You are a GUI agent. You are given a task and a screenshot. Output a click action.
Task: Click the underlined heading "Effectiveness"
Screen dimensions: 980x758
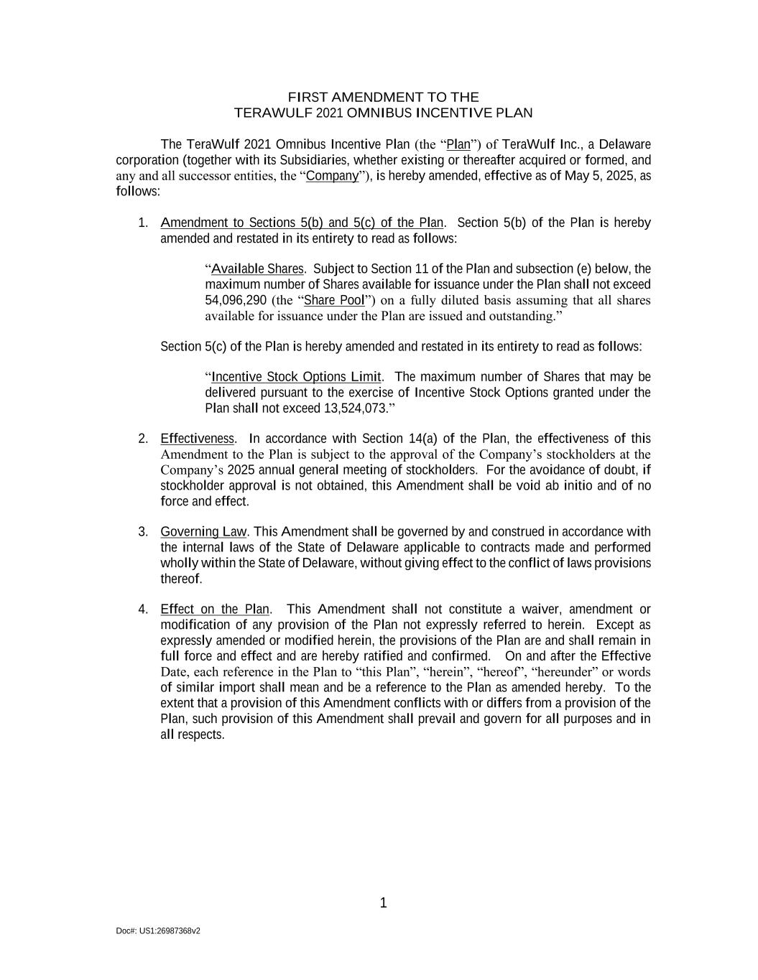click(197, 439)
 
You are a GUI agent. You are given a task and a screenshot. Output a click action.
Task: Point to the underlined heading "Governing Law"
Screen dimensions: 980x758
click(203, 532)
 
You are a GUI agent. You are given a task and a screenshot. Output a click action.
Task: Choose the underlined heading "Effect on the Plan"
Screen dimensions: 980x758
click(215, 610)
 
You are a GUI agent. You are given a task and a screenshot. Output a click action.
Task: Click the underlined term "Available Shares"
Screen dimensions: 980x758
click(257, 269)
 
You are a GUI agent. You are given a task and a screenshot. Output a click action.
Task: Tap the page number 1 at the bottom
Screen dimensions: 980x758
click(383, 903)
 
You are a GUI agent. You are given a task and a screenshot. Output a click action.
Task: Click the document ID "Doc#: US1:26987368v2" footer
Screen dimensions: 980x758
click(158, 931)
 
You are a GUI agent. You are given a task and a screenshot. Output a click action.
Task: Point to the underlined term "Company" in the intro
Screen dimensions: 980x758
click(332, 176)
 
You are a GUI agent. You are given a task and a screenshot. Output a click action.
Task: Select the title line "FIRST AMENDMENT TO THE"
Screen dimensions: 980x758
click(383, 97)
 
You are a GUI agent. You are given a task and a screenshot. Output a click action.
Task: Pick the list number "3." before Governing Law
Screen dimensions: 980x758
click(143, 532)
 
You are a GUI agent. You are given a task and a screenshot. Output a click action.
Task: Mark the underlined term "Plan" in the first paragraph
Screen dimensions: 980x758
click(458, 144)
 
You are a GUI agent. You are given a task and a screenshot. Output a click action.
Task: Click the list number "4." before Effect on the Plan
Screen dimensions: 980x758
click(143, 610)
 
